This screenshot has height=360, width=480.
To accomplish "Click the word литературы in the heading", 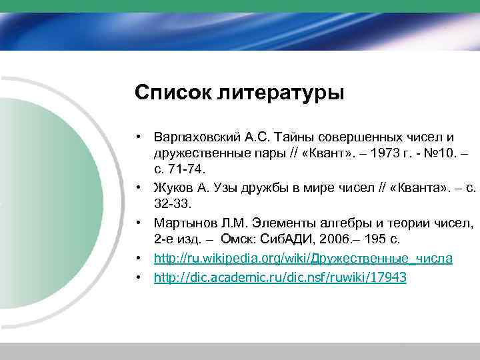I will (x=280, y=93).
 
